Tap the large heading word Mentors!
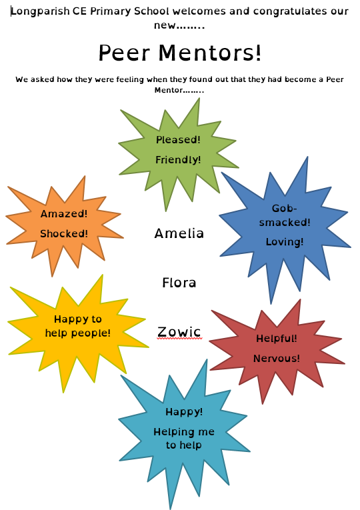click(210, 53)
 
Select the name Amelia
click(179, 233)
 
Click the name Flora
click(179, 283)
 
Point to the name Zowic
click(179, 332)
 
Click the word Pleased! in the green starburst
click(178, 140)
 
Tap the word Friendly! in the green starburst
click(178, 160)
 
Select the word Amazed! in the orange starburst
click(64, 214)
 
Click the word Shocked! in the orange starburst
click(64, 233)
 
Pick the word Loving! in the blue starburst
click(285, 242)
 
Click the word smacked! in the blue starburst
click(285, 223)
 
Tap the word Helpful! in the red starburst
click(277, 339)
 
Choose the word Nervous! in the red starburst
click(277, 359)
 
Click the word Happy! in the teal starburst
click(184, 412)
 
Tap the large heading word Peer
click(124, 53)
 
